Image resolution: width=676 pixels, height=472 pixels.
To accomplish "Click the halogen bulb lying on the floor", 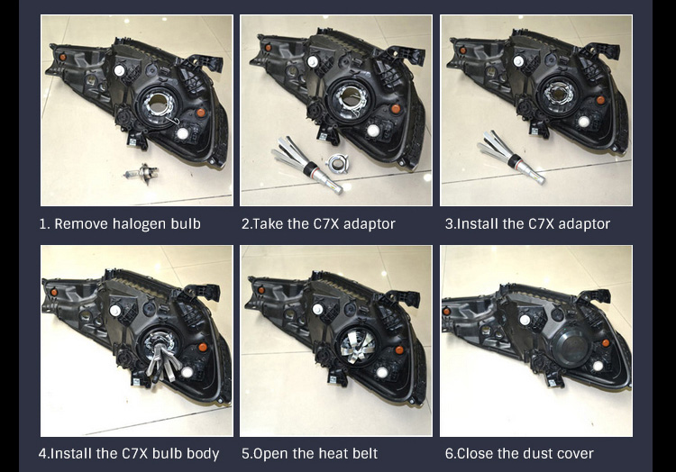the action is (x=141, y=174).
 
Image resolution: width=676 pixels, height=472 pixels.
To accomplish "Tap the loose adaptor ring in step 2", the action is (x=338, y=163).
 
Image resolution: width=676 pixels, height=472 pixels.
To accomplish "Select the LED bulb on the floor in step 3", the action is (x=511, y=157).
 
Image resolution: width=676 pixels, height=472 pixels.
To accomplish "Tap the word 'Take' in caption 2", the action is (x=268, y=224).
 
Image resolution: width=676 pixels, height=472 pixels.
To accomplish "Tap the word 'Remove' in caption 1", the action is (x=81, y=224).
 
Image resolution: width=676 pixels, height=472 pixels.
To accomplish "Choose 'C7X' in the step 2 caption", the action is (x=326, y=224).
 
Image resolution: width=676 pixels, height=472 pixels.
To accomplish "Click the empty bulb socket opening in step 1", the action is (x=158, y=104).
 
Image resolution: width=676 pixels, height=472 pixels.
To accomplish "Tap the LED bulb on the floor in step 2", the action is (x=306, y=164).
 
